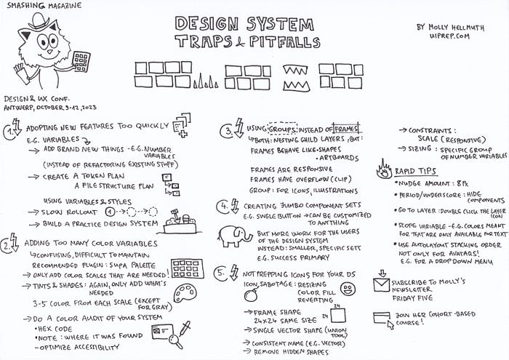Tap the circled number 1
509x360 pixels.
11,132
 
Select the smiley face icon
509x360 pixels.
348,289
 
